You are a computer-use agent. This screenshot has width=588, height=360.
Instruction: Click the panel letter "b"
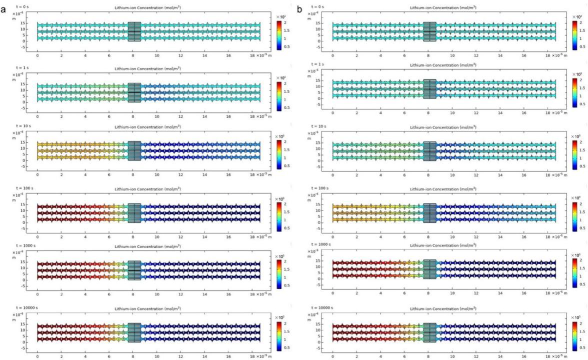coord(299,9)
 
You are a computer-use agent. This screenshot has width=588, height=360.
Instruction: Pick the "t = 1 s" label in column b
coord(317,64)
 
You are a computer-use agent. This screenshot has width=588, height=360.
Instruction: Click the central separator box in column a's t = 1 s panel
coord(134,92)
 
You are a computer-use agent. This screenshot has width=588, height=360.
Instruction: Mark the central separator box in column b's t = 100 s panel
coord(429,212)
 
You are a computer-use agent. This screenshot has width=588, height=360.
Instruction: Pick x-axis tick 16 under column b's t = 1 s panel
coord(524,113)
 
